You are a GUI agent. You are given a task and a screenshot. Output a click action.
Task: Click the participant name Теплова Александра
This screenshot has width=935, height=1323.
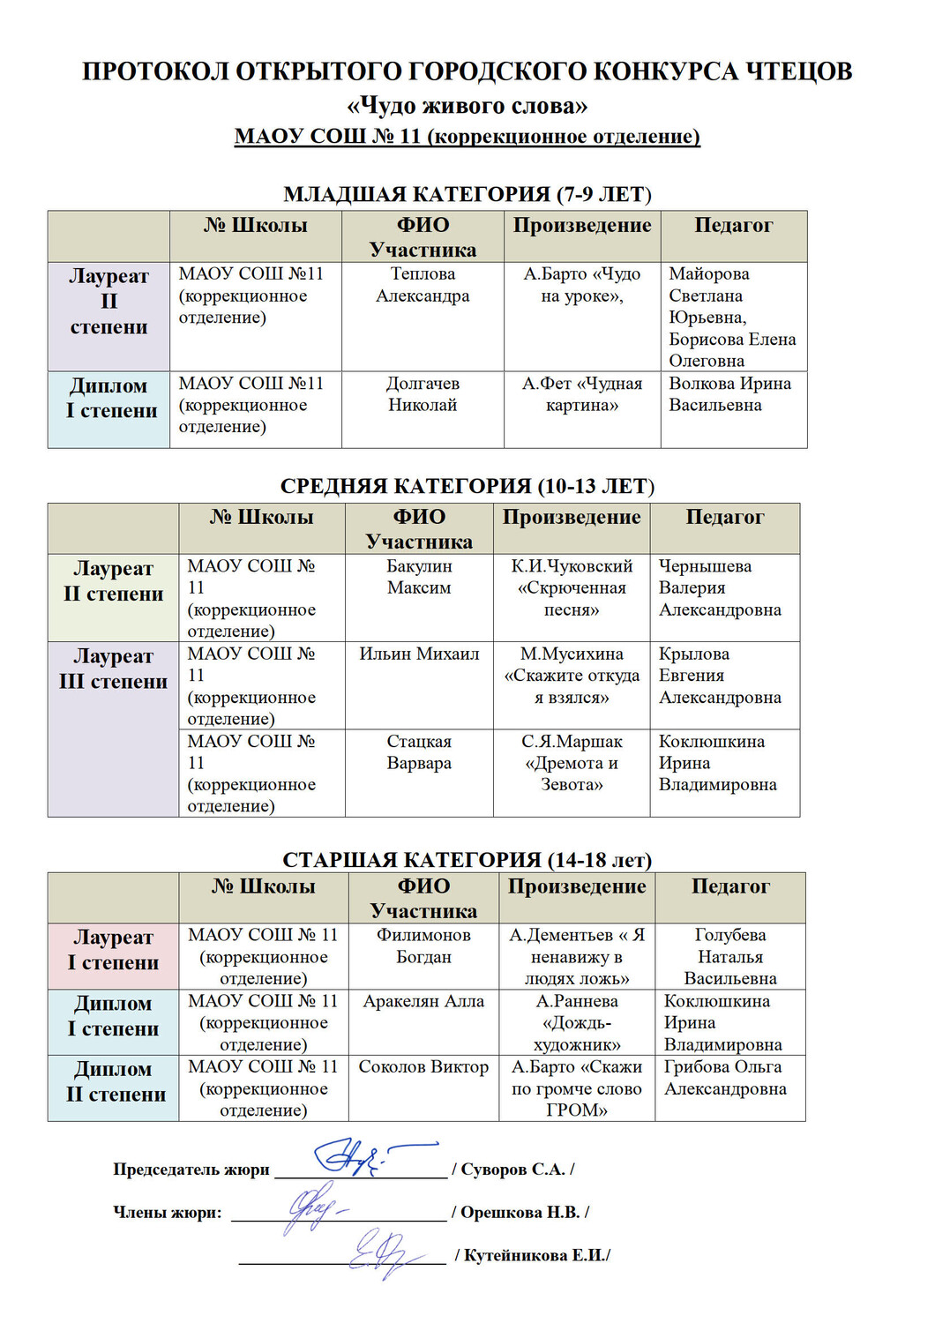pos(423,285)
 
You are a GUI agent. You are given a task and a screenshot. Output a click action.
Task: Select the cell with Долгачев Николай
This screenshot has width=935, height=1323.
pos(423,394)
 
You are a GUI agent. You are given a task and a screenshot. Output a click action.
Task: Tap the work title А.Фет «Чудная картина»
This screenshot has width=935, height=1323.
pos(582,394)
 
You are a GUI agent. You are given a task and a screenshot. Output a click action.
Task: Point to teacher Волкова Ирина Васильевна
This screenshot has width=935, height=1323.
pos(729,394)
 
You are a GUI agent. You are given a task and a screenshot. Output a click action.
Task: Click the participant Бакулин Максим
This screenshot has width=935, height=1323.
pos(419,577)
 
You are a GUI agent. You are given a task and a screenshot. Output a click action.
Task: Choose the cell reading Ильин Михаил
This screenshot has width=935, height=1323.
pos(419,654)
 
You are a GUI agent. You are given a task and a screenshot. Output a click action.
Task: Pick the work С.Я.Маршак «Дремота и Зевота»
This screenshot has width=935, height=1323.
pos(572,763)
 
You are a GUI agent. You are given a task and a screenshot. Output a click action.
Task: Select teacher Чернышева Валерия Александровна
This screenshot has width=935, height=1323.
pos(720,587)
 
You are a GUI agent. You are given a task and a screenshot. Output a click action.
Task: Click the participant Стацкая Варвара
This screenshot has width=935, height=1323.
pos(419,752)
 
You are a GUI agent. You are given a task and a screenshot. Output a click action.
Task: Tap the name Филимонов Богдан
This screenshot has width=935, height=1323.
pos(423,946)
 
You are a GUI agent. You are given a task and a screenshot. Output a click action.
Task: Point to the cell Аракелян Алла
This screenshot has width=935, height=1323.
pos(423,1001)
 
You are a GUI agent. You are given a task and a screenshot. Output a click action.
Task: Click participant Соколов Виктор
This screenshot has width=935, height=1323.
pos(423,1066)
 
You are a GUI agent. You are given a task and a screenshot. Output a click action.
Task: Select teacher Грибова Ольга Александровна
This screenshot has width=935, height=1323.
pos(725,1078)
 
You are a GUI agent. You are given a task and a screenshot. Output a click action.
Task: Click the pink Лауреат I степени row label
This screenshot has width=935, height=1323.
pos(113,950)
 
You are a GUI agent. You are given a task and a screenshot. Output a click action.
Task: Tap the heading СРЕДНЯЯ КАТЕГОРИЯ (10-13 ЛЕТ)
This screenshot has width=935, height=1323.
pos(467,486)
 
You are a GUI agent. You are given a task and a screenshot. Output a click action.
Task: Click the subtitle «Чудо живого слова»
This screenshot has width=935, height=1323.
pos(467,106)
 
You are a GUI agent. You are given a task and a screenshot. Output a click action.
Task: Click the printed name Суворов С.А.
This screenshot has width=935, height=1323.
pos(512,1170)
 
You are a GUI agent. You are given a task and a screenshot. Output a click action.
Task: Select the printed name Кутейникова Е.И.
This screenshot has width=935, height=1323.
pos(536,1255)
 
